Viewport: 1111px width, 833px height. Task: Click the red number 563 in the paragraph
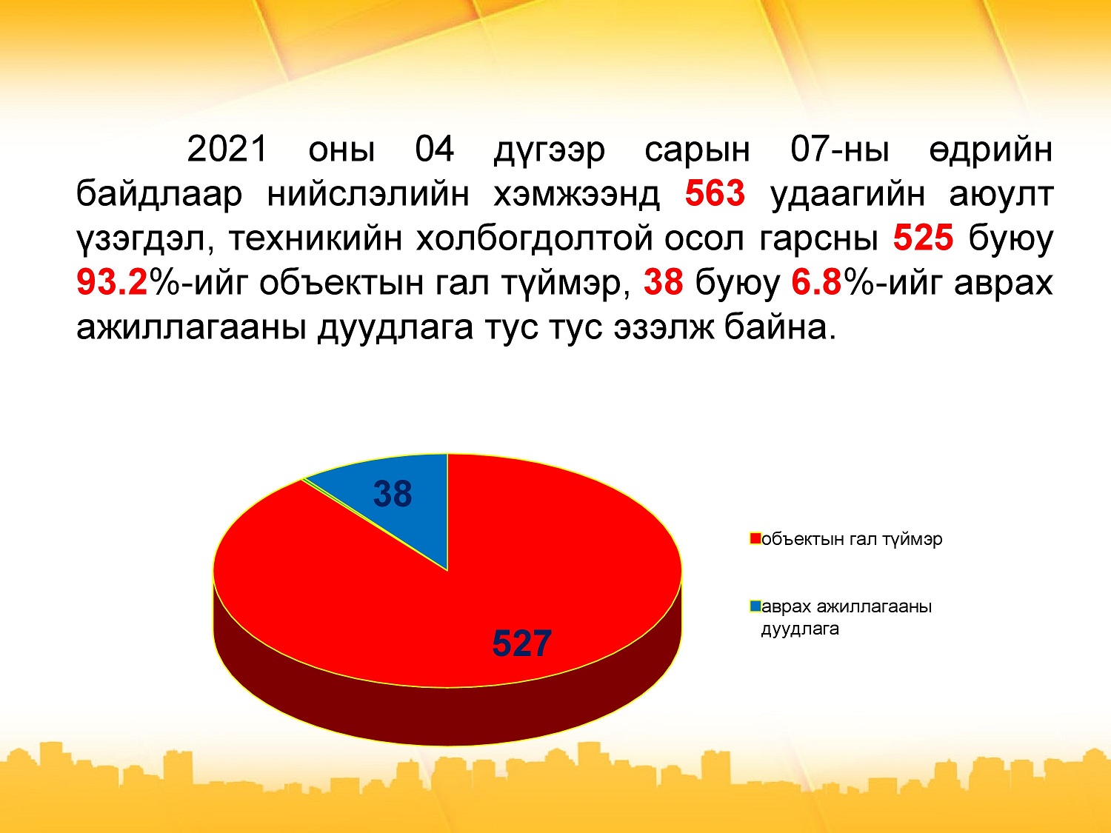click(x=715, y=193)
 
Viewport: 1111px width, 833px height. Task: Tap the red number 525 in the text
click(x=923, y=238)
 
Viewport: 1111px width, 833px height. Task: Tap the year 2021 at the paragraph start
click(x=227, y=150)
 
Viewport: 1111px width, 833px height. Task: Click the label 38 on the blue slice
click(x=393, y=494)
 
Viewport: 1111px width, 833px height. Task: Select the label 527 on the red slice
click(x=522, y=644)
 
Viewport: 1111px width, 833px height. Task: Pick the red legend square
click(x=755, y=538)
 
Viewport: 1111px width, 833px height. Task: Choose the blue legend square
click(x=755, y=606)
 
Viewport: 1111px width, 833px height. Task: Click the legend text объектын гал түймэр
click(x=852, y=540)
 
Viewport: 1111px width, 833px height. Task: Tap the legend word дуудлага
click(x=800, y=629)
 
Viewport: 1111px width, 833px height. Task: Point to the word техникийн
click(x=316, y=238)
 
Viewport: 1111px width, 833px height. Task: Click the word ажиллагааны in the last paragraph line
click(x=191, y=328)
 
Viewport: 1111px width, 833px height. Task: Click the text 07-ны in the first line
click(x=840, y=150)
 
